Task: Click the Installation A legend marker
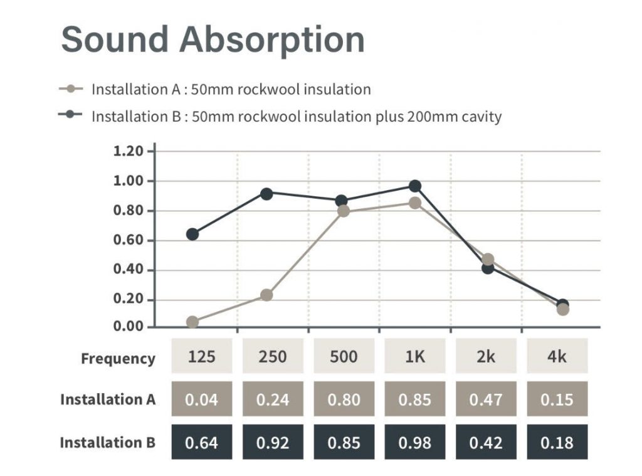71,88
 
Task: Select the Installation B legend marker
71,115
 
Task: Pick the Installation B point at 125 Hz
192,235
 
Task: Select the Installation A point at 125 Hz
192,322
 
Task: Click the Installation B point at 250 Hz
266,194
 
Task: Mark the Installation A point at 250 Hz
266,295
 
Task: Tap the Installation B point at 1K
415,186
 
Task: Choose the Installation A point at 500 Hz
343,211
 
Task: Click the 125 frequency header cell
202,356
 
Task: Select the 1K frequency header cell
415,356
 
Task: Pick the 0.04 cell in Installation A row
202,399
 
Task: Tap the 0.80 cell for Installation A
344,399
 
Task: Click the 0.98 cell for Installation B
415,442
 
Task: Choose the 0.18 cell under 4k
557,442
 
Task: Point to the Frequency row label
118,359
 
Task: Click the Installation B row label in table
107,442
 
